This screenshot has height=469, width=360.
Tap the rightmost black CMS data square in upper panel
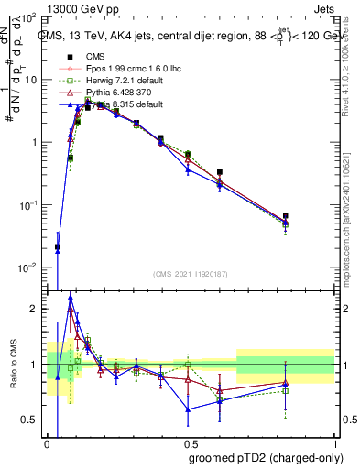pos(287,216)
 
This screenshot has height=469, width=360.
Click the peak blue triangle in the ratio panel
pos(71,298)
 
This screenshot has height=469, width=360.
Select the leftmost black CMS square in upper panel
pos(58,246)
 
